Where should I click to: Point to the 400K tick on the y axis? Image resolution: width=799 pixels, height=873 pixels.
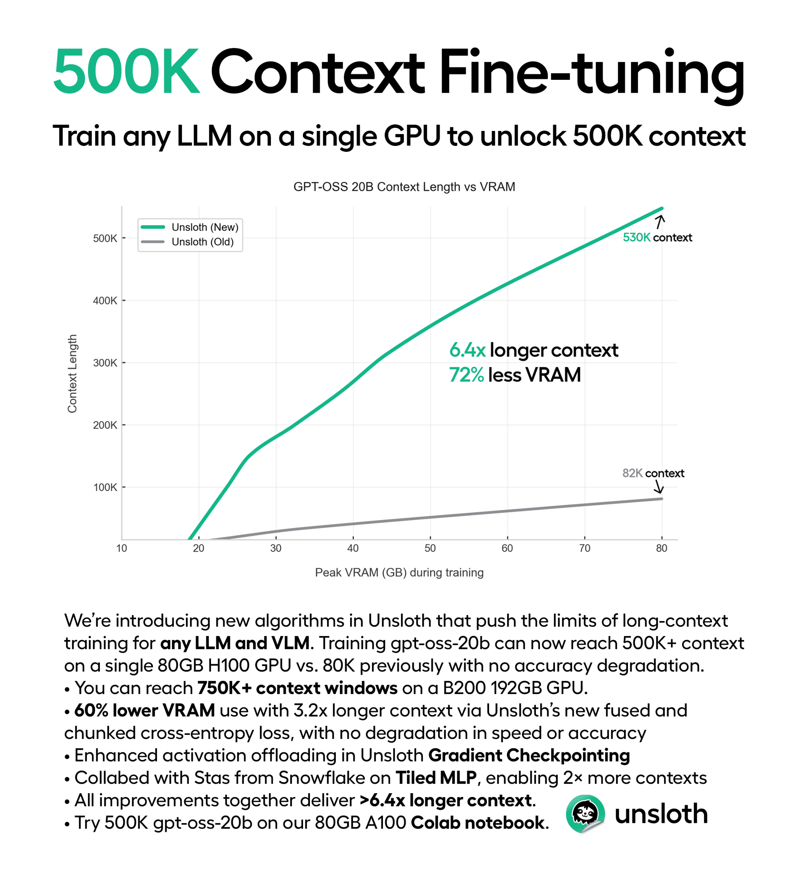point(105,300)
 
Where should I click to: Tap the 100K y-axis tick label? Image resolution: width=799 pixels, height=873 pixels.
point(105,488)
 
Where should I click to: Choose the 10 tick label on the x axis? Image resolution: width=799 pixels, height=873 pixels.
point(122,548)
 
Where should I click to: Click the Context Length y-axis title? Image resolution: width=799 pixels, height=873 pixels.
point(72,373)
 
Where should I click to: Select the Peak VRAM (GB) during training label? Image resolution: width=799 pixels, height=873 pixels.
point(399,573)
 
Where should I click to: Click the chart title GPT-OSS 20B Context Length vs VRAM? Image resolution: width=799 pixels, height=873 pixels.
point(404,187)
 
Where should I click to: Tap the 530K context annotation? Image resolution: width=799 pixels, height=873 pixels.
point(657,237)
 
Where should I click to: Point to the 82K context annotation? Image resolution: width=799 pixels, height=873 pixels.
point(653,473)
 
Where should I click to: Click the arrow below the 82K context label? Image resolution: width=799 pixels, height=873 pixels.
point(659,488)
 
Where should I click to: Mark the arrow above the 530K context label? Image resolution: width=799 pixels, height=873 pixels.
point(659,222)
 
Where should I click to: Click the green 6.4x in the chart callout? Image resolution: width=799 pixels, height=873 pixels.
point(467,350)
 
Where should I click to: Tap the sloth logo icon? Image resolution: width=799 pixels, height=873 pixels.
point(585,814)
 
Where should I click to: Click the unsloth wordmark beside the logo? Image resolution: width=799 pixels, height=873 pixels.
point(661,814)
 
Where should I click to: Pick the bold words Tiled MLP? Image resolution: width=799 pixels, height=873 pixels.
point(436,778)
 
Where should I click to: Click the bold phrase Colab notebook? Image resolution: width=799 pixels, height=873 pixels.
point(477,823)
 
